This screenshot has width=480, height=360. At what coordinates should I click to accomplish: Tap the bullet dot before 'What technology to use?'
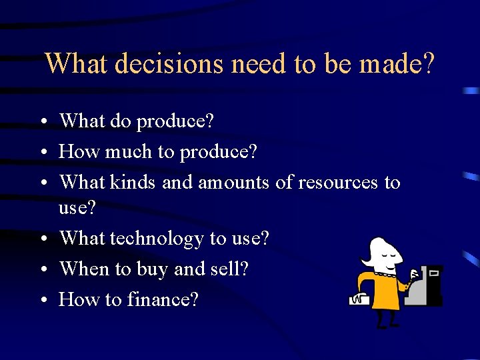pos(42,239)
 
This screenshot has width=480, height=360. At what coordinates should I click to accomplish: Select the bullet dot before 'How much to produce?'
pos(42,153)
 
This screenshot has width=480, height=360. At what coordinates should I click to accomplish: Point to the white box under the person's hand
pos(359,301)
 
